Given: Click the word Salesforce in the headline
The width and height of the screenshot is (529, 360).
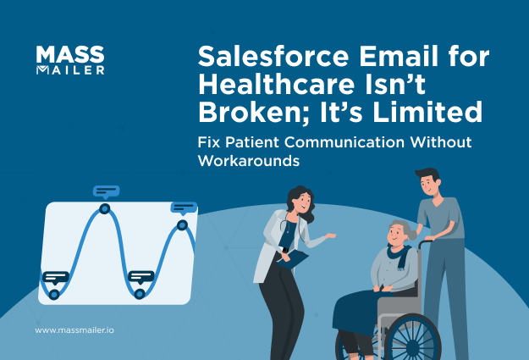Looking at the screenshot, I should click(257, 58).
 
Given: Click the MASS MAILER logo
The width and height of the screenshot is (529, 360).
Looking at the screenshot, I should click(70, 60).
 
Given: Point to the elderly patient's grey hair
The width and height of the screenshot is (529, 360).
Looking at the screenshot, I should click(399, 229).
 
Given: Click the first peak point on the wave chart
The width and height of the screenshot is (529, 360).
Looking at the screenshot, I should click(104, 208).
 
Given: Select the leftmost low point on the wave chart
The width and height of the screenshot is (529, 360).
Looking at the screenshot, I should click(53, 294).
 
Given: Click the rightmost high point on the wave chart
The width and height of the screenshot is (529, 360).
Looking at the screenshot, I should click(181, 224).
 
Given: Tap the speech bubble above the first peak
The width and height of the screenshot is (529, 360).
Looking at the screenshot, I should click(106, 191).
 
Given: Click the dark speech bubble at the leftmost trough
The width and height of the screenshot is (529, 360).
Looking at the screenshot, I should click(55, 277).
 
